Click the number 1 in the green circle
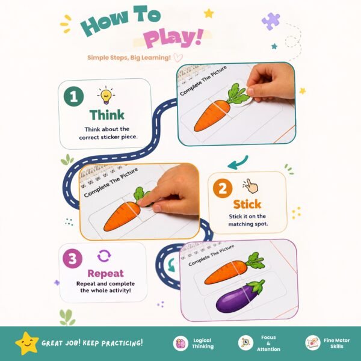[x=73, y=97]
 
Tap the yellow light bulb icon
[x=106, y=96]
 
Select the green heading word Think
[x=107, y=115]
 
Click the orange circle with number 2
[x=223, y=188]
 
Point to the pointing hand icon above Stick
[x=251, y=186]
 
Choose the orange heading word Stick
[x=247, y=205]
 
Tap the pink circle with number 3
[x=72, y=259]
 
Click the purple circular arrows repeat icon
[x=104, y=256]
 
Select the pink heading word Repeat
[x=105, y=274]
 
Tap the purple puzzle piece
[x=271, y=21]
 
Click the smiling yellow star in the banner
[x=27, y=343]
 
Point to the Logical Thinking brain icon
[x=180, y=344]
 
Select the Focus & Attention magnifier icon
[x=245, y=343]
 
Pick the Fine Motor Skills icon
[x=313, y=343]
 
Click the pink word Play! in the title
[x=173, y=37]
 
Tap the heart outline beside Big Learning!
[x=178, y=57]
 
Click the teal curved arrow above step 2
[x=238, y=162]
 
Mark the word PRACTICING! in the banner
[x=122, y=343]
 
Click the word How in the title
[x=104, y=22]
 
